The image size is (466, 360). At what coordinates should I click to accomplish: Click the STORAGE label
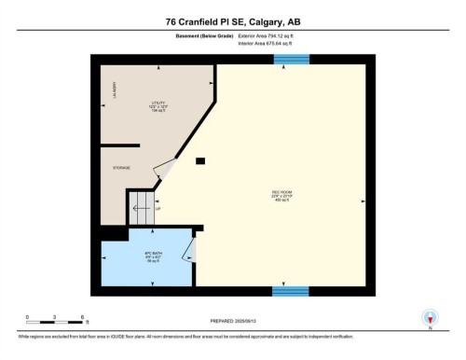121,168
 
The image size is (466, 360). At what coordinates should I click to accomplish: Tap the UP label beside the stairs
159,209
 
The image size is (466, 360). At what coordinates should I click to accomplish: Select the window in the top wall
291,60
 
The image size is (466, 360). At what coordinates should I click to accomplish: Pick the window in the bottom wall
291,291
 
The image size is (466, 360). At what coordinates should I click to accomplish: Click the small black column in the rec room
201,161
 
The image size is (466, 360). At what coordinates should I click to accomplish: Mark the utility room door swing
165,170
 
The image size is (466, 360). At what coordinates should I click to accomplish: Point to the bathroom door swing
190,249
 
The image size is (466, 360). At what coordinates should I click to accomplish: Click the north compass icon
430,317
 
